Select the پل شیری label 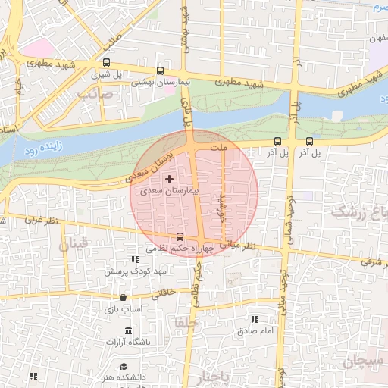[x=106, y=75]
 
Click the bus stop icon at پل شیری [x=106, y=64]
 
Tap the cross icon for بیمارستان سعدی [x=168, y=178]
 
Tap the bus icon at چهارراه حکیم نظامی [x=180, y=236]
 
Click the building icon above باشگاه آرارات [x=127, y=331]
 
